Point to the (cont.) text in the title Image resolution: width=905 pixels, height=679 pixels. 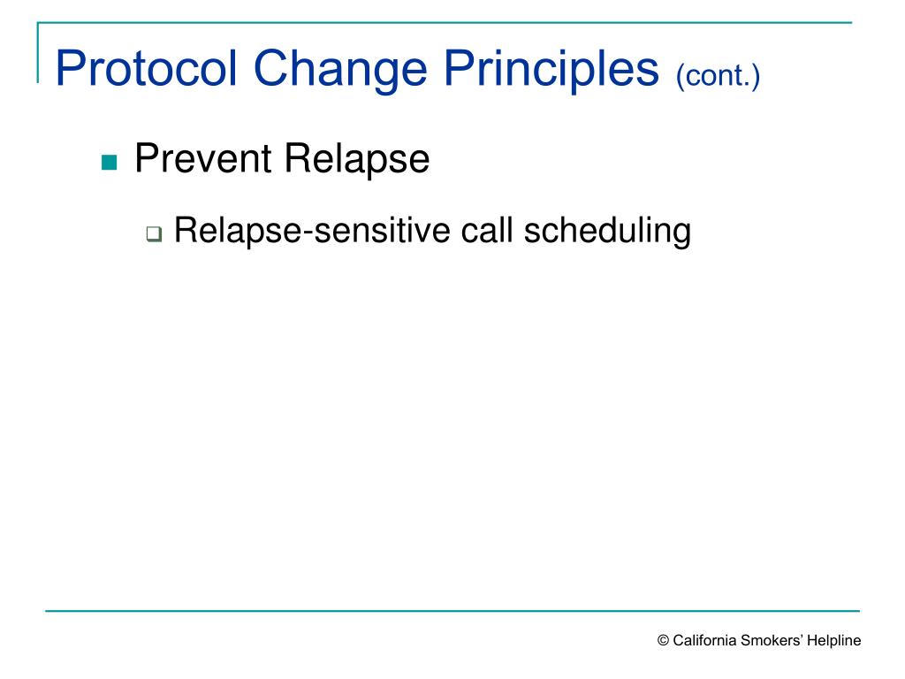click(718, 74)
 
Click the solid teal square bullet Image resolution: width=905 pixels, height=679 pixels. click(110, 163)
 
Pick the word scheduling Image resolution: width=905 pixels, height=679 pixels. click(607, 232)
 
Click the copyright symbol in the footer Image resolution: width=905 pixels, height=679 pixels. click(663, 642)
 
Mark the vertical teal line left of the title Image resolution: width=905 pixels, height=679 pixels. click(38, 53)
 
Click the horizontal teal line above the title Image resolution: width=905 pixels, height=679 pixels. click(442, 22)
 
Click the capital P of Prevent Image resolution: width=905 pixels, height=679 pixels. click(144, 159)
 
